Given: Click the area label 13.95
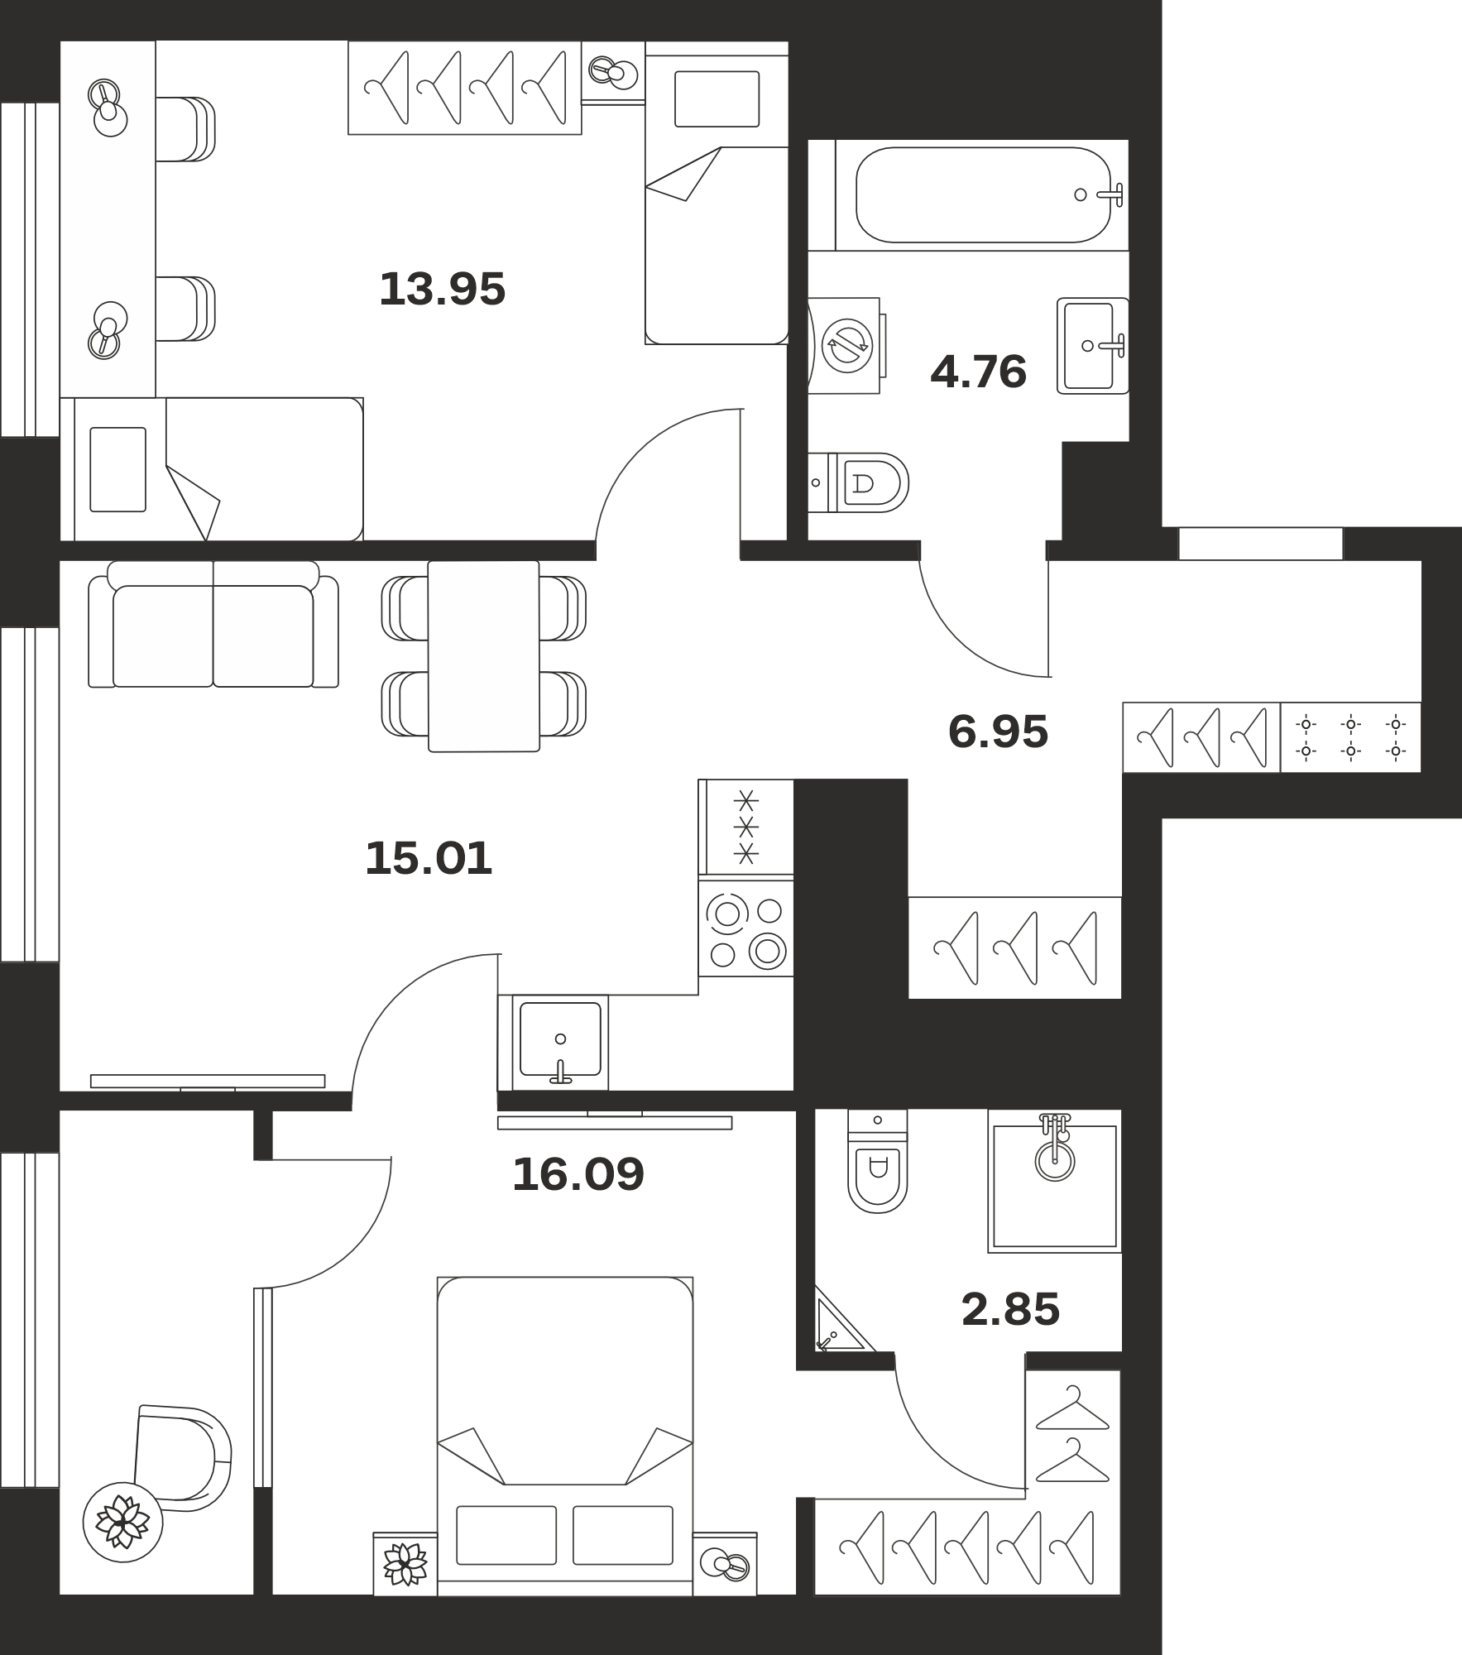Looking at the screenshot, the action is tap(442, 290).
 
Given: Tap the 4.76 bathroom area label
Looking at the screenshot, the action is tap(978, 372).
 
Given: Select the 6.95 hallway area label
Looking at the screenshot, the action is tap(998, 732).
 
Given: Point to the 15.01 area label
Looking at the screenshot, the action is tap(429, 858).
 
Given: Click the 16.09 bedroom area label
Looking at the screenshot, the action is tap(578, 1174).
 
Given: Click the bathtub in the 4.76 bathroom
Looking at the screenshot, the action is tap(982, 195).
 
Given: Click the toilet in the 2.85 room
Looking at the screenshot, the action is tap(877, 1161).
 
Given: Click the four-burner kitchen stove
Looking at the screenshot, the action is tap(745, 927).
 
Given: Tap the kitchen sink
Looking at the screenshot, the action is tap(560, 1043).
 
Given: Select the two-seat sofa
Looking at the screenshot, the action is tap(213, 624).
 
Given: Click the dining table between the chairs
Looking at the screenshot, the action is tap(484, 656).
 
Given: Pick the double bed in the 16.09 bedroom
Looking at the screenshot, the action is tap(565, 1434).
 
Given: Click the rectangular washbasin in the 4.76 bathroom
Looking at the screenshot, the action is tap(1092, 345).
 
